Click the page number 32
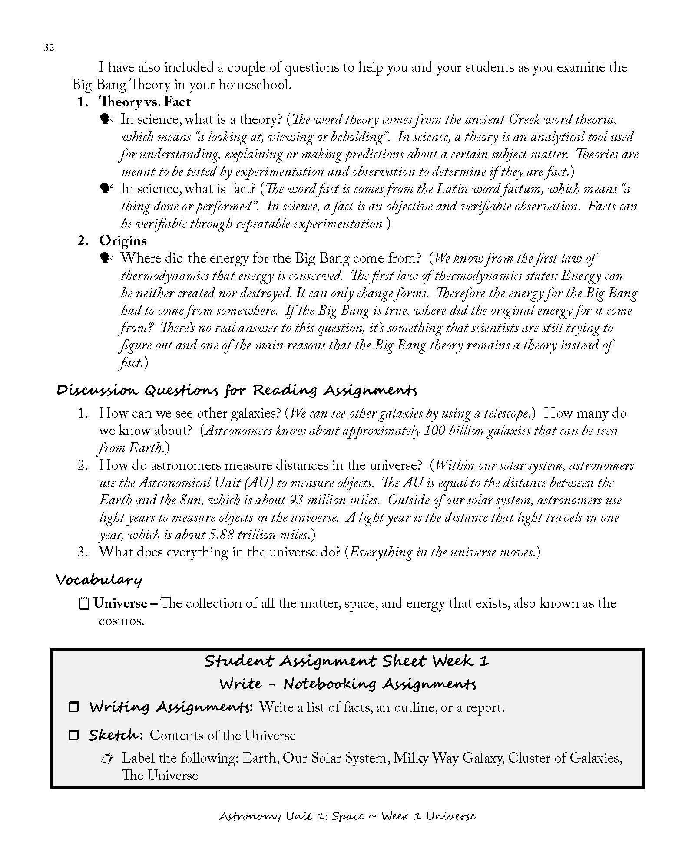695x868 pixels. [49, 48]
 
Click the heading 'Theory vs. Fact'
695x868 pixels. [145, 102]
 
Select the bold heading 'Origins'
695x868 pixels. [123, 241]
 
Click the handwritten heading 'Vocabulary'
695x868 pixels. [99, 580]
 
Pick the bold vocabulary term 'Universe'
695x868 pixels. [120, 604]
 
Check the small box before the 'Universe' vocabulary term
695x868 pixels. [85, 604]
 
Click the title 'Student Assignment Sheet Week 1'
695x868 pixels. [346, 661]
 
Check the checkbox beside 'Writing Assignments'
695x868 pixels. [74, 707]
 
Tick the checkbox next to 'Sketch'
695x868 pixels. [74, 735]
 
